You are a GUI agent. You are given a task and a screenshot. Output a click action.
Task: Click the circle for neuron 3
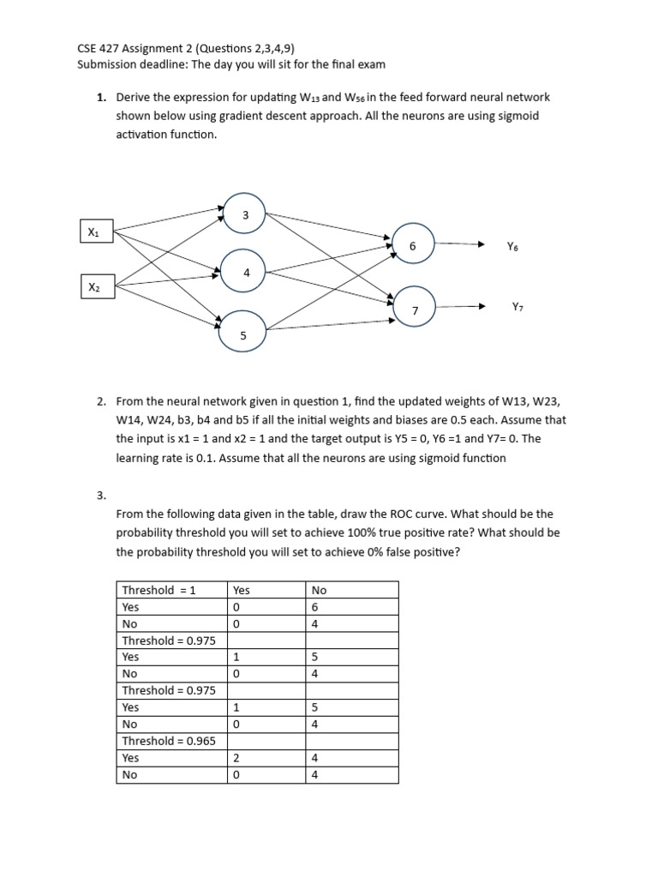click(245, 215)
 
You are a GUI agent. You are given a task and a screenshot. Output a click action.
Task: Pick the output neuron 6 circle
click(413, 244)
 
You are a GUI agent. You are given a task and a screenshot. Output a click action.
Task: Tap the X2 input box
click(93, 287)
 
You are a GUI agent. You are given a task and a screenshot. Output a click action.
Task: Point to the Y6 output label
click(512, 246)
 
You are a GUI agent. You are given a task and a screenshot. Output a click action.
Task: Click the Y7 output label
click(517, 306)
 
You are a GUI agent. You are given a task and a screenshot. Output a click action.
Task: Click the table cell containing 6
click(351, 607)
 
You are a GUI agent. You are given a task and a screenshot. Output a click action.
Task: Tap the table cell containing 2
click(266, 758)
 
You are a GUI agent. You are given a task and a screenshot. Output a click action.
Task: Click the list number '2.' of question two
click(102, 401)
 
